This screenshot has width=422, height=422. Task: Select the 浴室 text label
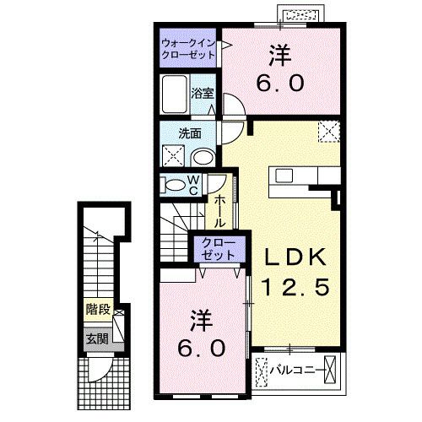pos(203,93)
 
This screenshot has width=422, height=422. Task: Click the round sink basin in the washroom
pos(202,157)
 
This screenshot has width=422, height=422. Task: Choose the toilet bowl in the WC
pos(173,186)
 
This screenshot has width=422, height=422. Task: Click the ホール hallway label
pos(219,211)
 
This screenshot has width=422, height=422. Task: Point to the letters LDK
pos(293,256)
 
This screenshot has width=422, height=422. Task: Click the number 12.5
pos(293,286)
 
